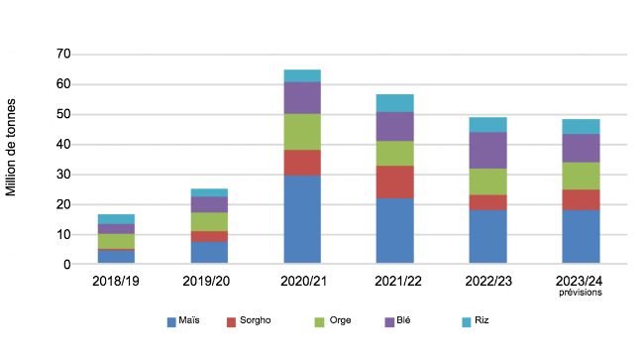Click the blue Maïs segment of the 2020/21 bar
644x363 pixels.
(302, 220)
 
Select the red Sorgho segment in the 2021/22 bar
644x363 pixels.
(395, 181)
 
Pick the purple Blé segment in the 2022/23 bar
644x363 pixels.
(488, 150)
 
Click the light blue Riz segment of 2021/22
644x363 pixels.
(395, 102)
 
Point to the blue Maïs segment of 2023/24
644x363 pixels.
(582, 237)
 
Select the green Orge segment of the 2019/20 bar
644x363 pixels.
(209, 221)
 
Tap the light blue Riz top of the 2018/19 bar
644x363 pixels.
(116, 218)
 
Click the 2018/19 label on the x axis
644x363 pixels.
(116, 282)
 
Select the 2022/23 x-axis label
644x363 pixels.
(488, 282)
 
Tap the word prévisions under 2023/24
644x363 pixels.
(582, 293)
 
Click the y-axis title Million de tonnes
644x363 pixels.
(13, 147)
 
